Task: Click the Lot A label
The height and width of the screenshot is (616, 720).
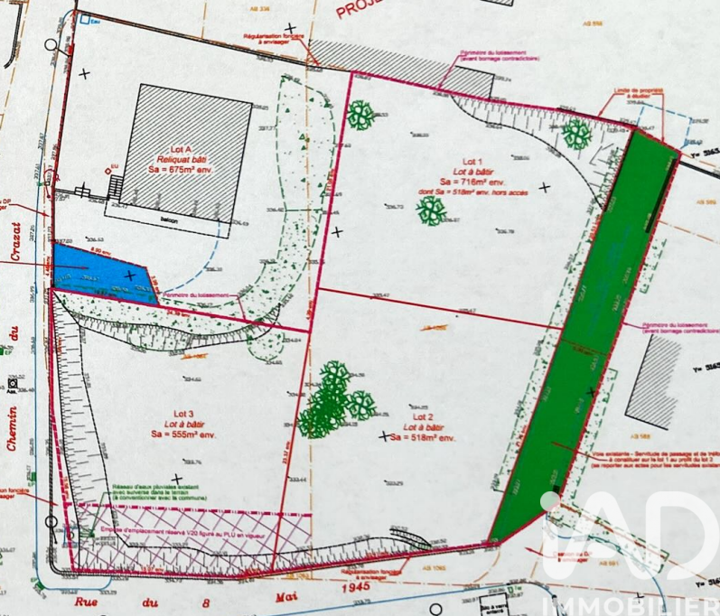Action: coord(182,148)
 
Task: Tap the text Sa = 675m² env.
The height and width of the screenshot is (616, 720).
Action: coord(183,168)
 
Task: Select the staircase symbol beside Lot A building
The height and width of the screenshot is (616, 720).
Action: coord(115,188)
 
